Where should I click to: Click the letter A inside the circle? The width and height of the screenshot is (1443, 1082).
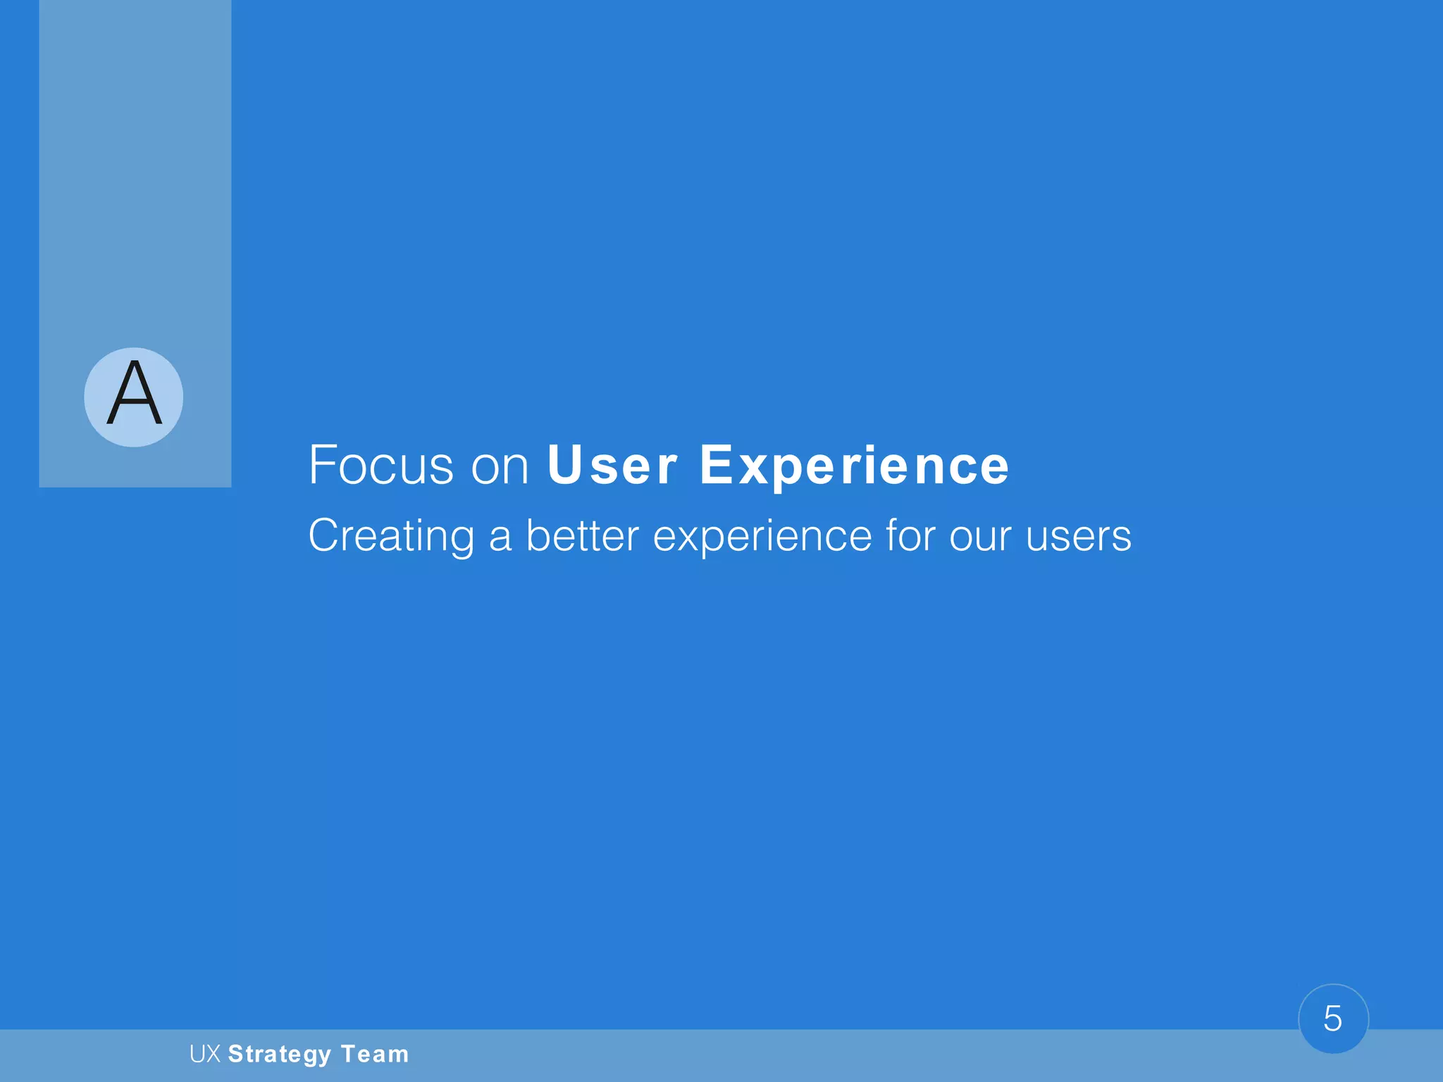(134, 394)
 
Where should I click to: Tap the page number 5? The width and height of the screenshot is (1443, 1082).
(1332, 1019)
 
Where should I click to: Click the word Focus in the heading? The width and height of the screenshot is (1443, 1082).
(381, 466)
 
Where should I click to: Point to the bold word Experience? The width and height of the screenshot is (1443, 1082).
(855, 466)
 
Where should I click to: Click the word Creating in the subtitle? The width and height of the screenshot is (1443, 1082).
(391, 537)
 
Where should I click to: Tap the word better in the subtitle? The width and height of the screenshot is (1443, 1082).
(583, 537)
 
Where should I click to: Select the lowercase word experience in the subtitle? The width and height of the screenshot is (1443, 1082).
(762, 537)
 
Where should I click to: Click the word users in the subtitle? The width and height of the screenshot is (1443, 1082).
(1078, 537)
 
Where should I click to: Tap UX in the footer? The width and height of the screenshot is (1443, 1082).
(205, 1055)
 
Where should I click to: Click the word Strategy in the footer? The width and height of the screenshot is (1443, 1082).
(280, 1055)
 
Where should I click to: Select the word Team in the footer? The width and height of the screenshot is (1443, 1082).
(375, 1055)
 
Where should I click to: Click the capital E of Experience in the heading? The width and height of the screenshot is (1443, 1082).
(715, 466)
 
